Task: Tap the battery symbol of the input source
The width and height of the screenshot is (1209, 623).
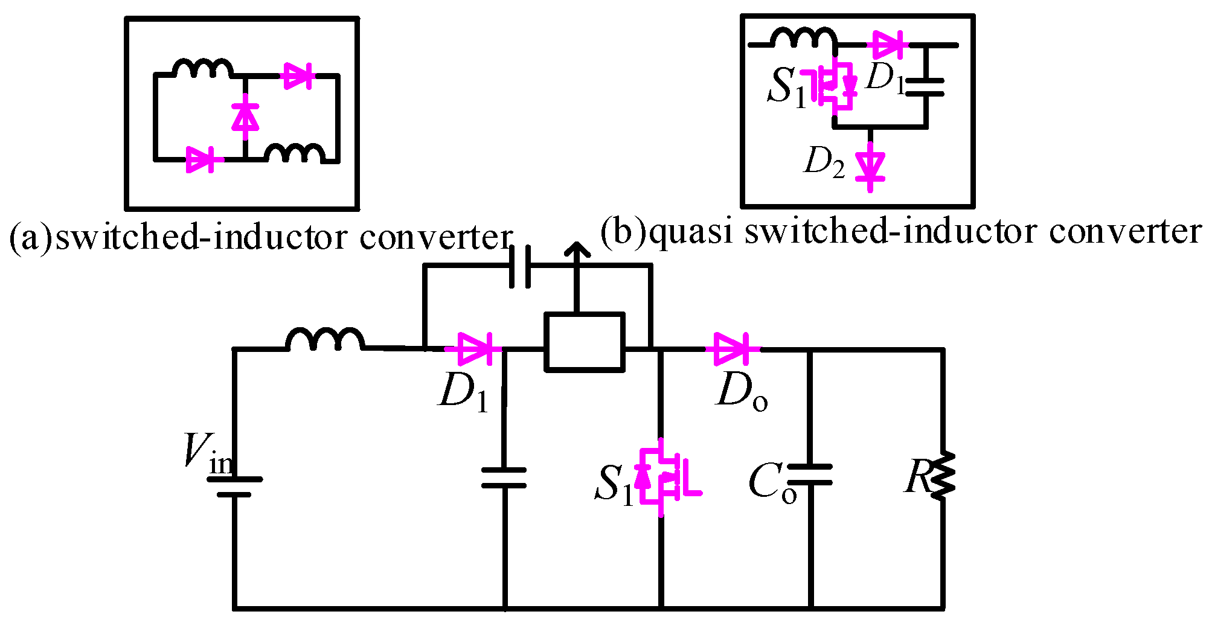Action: (x=234, y=487)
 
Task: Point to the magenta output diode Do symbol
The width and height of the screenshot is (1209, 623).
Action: (x=732, y=349)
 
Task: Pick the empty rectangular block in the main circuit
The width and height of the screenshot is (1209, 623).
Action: (x=584, y=342)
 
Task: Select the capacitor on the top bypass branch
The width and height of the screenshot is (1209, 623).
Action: (x=520, y=266)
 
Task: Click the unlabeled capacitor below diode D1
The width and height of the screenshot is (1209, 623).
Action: (x=504, y=478)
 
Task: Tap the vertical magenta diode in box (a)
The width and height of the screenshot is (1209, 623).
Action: (x=245, y=117)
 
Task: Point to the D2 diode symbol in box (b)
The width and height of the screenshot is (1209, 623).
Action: (x=870, y=165)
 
